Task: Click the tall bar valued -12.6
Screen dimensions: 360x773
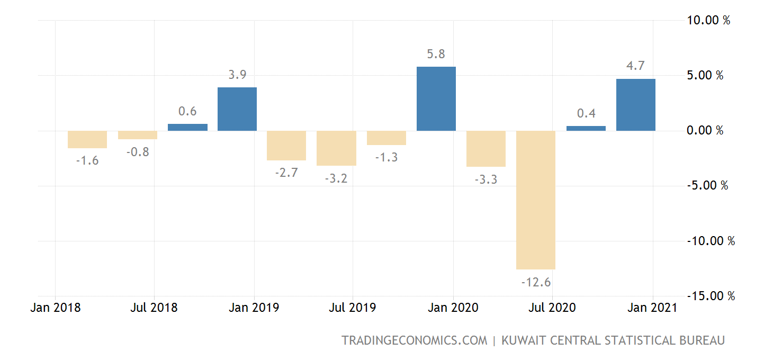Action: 536,200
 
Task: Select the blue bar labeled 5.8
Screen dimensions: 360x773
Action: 436,98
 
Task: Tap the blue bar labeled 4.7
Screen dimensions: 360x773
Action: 636,105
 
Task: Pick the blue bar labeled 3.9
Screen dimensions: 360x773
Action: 237,109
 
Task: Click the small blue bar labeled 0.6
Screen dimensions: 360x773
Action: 187,127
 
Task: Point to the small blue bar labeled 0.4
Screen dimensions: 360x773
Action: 586,128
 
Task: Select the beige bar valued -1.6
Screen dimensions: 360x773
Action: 87,139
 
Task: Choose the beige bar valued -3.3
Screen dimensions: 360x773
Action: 486,149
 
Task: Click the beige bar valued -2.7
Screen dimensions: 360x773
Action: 286,146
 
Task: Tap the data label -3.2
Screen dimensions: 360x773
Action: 336,178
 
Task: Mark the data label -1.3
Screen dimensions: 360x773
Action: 386,157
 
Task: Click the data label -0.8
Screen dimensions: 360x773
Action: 138,152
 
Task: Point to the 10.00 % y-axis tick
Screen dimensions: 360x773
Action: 708,20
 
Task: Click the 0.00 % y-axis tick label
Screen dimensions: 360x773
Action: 705,130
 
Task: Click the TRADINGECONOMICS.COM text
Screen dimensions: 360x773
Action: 414,340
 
